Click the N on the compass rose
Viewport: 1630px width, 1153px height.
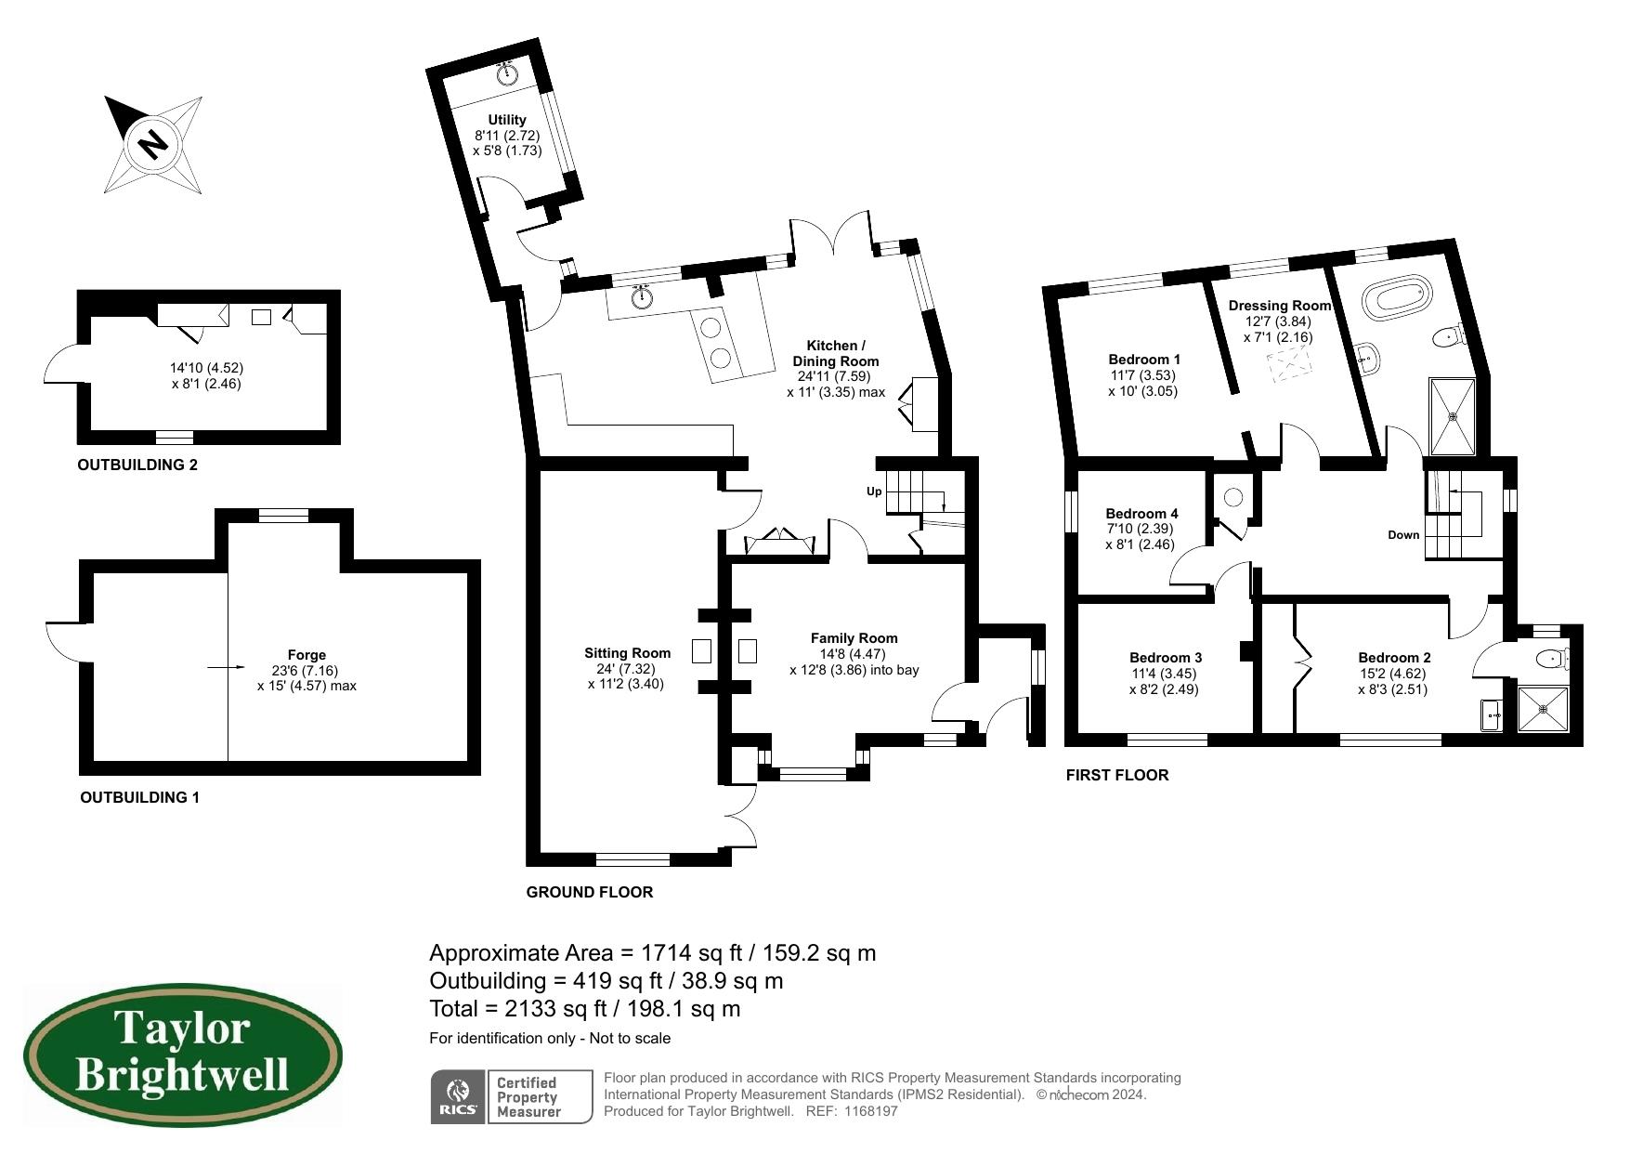(152, 145)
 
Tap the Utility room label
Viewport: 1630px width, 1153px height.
(507, 120)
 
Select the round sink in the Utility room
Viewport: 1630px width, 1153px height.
(507, 74)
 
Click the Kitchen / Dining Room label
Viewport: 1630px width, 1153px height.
(836, 353)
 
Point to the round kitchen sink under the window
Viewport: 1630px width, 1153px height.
(642, 297)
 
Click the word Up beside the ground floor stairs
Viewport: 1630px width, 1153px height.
(874, 491)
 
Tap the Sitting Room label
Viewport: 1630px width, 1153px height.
(627, 653)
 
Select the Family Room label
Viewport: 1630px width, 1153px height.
(854, 638)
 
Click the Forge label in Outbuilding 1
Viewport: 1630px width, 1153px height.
(306, 655)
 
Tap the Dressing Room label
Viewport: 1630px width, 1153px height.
(1279, 306)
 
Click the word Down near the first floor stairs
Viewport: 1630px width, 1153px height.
(1403, 535)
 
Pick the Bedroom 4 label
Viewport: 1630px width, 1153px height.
(1141, 514)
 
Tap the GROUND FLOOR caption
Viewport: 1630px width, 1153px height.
(590, 892)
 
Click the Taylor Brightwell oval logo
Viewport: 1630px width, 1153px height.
(182, 1055)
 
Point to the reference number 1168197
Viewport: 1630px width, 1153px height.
(872, 1111)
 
